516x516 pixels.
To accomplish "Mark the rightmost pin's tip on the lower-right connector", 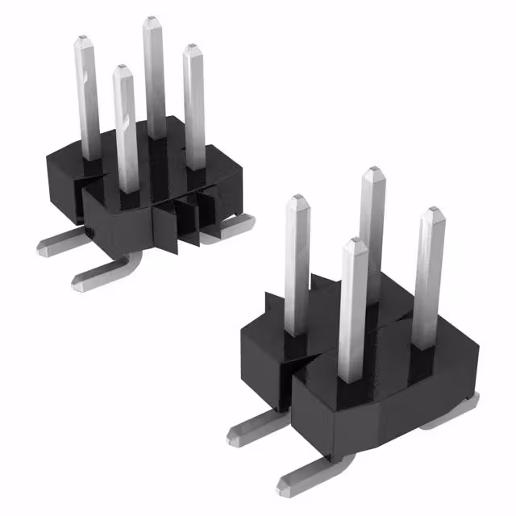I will point(434,211).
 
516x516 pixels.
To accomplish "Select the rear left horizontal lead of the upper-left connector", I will point(60,239).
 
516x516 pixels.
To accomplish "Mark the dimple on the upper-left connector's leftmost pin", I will point(84,77).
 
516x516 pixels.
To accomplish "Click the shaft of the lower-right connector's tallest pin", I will point(371,234).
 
